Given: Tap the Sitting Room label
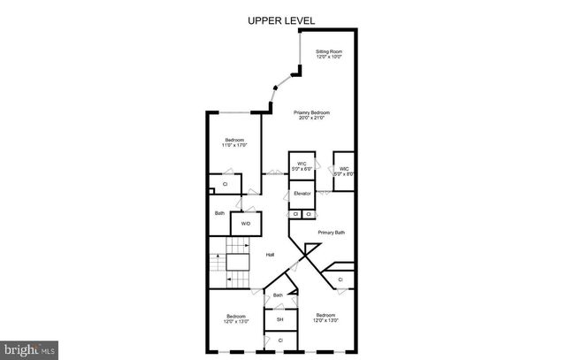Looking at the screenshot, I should [329, 52].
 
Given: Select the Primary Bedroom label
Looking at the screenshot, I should [312, 112].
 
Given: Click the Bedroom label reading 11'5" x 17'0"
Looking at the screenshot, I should [234, 140].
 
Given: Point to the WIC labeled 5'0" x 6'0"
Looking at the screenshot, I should [302, 164].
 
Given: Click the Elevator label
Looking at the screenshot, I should [302, 193].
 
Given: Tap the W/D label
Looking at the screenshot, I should [246, 224].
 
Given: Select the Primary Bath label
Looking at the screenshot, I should [332, 232].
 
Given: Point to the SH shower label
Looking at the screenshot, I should [280, 318].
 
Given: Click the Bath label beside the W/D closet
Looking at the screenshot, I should [219, 213].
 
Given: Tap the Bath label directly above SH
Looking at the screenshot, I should [278, 295].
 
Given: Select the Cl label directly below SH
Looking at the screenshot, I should [280, 340].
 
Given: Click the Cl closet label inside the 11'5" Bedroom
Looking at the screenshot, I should [225, 184].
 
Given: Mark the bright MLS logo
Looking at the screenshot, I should [29, 350].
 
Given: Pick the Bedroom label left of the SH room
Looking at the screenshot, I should [235, 317].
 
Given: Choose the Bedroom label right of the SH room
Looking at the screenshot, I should [325, 315].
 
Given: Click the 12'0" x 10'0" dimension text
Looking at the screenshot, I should [329, 57].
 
